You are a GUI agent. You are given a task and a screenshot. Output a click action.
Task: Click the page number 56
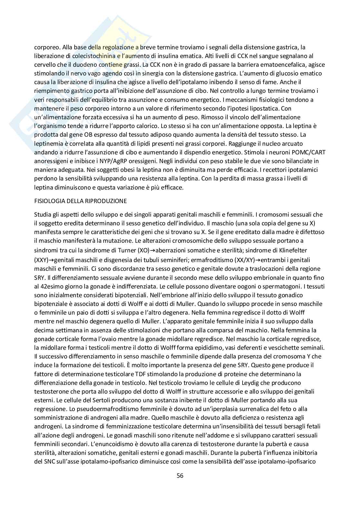click(180, 475)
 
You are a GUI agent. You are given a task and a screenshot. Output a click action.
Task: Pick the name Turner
click(121, 250)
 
